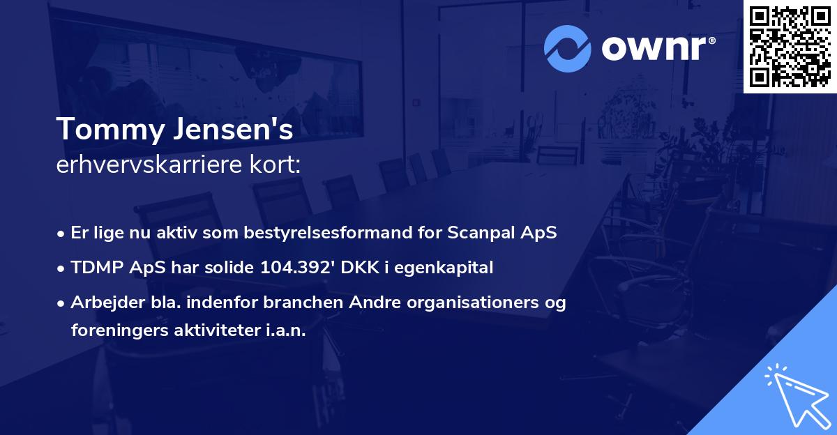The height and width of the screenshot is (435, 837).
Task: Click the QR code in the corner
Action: tap(790, 46)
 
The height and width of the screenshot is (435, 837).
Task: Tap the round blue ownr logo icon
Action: tap(568, 48)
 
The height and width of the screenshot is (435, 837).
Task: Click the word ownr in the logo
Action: tap(658, 48)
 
